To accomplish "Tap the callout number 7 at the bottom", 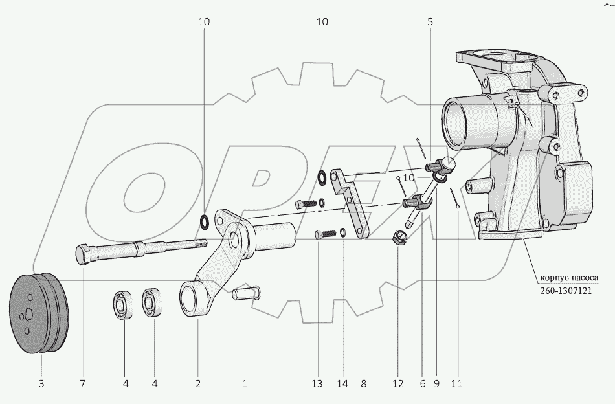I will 82,384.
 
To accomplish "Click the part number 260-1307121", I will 567,292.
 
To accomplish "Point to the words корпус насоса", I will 568,280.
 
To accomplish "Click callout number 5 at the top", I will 430,22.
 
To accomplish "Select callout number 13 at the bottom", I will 317,384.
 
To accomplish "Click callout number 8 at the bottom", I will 363,384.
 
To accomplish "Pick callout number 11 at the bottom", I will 456,384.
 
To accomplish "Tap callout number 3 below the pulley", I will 41,384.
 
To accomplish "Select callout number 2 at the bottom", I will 198,384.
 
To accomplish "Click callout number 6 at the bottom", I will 422,384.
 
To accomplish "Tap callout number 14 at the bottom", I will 343,384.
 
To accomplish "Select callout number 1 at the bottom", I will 245,384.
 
